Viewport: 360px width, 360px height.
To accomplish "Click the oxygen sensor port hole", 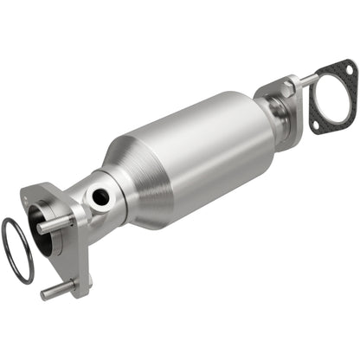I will pos(101,197).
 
